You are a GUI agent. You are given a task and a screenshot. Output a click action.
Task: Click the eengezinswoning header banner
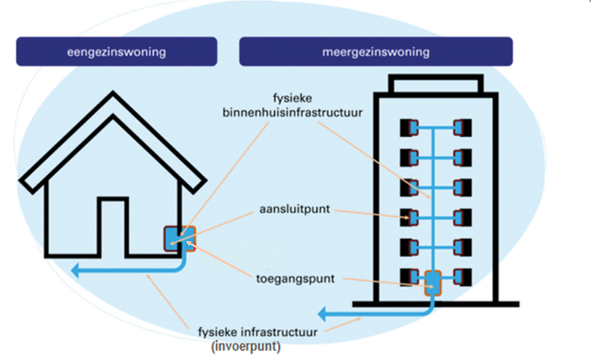point(116,52)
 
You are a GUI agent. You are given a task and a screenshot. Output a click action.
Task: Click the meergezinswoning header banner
point(376,52)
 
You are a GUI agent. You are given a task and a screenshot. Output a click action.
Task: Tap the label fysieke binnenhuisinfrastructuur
point(293,106)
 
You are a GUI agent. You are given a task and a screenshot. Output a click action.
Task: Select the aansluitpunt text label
point(294,210)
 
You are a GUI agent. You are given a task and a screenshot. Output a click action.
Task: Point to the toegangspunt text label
point(295,279)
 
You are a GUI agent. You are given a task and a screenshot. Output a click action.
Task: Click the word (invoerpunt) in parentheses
point(246,347)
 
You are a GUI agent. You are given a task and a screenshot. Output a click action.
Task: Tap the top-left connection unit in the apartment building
point(409,128)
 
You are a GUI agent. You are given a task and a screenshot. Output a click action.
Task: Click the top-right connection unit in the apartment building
point(463,128)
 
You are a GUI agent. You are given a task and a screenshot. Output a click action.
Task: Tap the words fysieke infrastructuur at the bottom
point(258,331)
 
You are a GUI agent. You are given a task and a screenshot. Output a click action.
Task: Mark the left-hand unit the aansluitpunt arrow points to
point(409,218)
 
